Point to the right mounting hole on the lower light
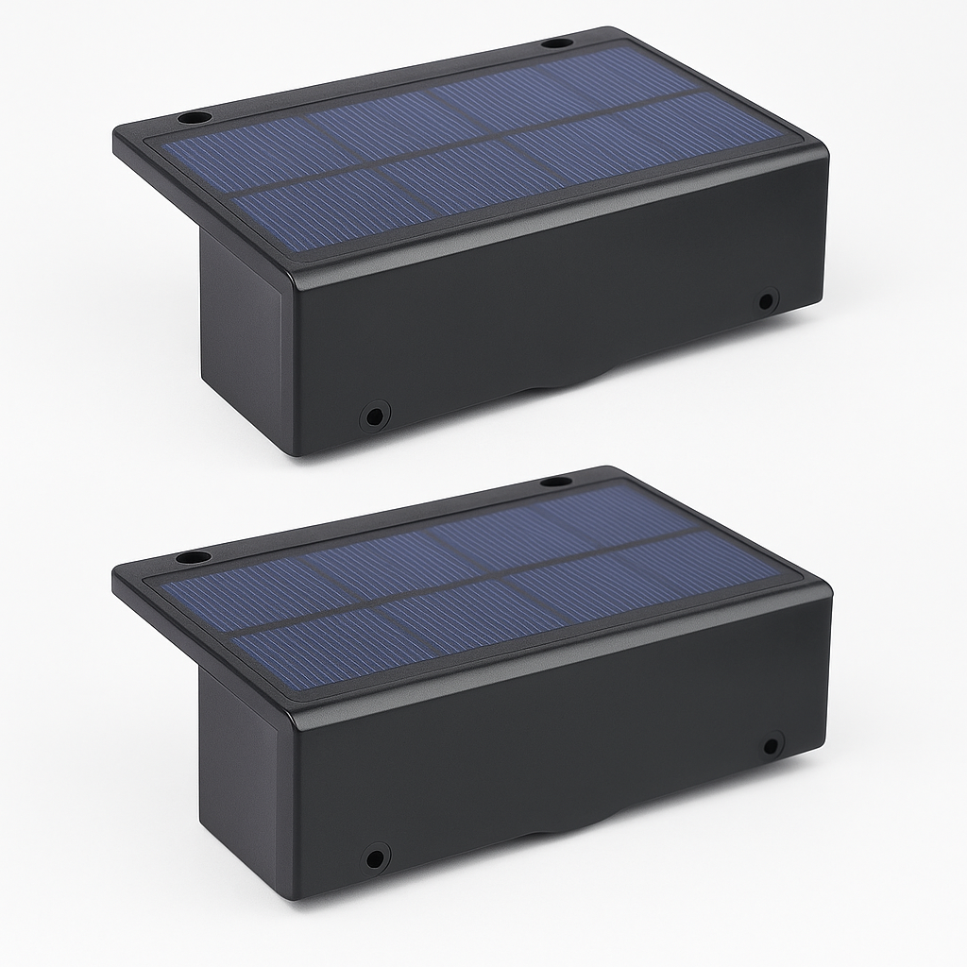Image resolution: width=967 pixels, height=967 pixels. [555, 482]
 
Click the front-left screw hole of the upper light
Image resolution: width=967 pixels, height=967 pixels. [375, 415]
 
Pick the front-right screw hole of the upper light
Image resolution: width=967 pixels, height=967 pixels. [767, 301]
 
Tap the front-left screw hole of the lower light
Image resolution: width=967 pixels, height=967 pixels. [377, 858]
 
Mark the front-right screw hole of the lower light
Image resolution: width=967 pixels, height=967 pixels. [772, 743]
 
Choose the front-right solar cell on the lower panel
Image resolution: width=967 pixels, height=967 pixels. [652, 576]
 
